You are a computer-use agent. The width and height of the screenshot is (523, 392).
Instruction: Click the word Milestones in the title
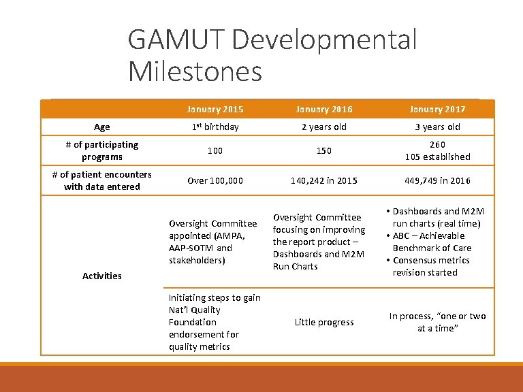(x=195, y=71)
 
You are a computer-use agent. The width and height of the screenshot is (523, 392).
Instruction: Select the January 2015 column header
(x=215, y=109)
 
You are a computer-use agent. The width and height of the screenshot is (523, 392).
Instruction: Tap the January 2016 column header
(x=323, y=109)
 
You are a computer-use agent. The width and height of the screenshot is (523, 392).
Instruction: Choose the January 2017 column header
(x=437, y=109)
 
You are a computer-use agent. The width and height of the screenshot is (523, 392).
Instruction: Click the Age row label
(x=101, y=127)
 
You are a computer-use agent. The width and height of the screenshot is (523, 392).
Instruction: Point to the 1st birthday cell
(x=215, y=127)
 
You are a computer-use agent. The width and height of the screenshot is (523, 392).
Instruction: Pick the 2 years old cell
(x=323, y=127)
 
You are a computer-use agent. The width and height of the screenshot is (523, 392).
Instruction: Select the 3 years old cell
(x=437, y=127)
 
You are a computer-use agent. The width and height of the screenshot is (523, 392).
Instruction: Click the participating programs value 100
(x=215, y=150)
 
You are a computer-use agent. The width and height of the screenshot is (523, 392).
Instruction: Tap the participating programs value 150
(x=323, y=150)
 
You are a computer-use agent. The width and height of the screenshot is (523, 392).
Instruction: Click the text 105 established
(x=437, y=157)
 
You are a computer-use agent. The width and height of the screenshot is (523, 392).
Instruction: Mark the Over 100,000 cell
(x=215, y=180)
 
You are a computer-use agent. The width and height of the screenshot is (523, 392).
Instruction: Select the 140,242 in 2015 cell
(x=323, y=180)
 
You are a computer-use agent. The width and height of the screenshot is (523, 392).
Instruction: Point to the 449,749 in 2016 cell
(x=437, y=180)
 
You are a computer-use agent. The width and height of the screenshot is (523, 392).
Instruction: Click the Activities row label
(x=101, y=276)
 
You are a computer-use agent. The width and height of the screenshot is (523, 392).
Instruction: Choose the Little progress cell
(x=323, y=322)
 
